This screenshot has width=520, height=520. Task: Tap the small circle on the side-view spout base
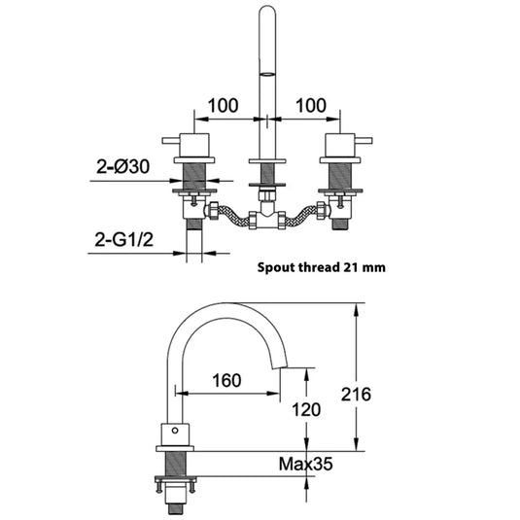[x=176, y=429]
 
